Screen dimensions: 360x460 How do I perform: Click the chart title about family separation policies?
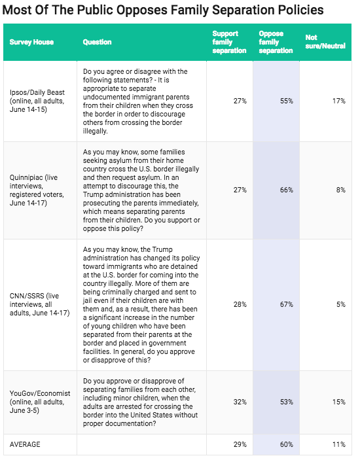163,10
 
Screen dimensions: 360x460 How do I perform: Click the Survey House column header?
31,42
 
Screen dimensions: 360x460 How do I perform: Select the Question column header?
97,42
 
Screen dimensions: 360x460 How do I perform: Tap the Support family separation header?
229,42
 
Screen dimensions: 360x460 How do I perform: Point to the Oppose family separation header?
276,42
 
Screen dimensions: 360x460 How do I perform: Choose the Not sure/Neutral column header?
325,42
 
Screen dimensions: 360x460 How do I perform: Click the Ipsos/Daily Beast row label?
37,101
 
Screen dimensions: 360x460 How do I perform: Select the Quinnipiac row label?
37,190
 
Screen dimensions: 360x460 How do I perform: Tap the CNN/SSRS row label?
40,304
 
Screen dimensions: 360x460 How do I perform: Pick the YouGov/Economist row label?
40,402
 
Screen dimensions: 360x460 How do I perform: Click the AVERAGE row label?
25,444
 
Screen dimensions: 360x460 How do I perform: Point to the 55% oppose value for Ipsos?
286,101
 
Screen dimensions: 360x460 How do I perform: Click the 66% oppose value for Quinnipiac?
286,190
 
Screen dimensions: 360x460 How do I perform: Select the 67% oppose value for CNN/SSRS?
286,304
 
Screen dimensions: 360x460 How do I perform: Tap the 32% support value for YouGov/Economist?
240,402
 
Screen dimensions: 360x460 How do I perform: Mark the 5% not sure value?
341,304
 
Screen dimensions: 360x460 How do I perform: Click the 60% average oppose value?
286,444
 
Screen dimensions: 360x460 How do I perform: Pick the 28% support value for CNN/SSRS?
240,304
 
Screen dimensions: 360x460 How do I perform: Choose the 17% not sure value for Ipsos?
339,101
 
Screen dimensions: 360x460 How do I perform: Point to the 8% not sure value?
341,190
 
